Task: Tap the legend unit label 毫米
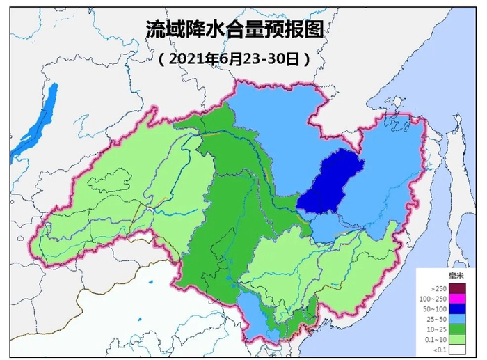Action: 456,275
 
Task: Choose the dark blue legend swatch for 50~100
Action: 456,308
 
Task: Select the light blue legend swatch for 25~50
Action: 456,320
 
